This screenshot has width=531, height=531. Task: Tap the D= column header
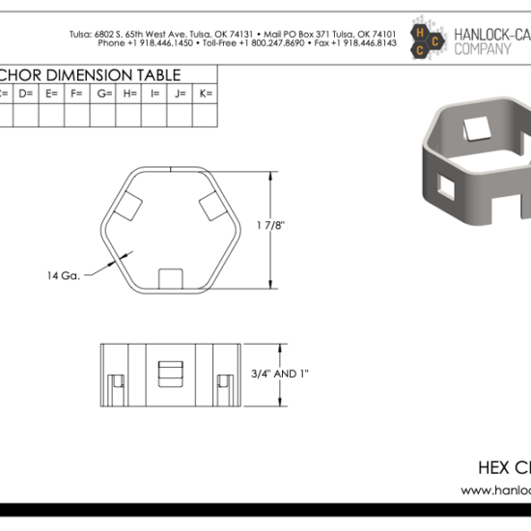point(25,93)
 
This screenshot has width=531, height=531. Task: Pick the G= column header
point(103,93)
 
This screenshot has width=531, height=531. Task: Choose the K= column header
point(206,93)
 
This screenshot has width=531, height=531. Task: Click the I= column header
point(154,93)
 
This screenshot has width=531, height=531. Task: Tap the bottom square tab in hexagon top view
point(169,278)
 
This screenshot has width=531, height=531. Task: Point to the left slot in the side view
point(113,387)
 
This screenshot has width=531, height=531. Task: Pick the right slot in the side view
point(226,387)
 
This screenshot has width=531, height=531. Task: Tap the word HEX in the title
point(494,468)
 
